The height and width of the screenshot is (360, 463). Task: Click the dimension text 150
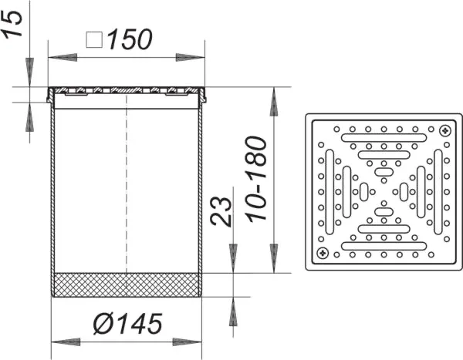pyautogui.click(x=130, y=39)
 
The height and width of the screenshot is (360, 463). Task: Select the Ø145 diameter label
pyautogui.click(x=127, y=324)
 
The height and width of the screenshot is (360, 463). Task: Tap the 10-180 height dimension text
pyautogui.click(x=256, y=179)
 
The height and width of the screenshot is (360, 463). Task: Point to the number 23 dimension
pyautogui.click(x=221, y=211)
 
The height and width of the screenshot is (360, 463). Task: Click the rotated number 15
pyautogui.click(x=12, y=25)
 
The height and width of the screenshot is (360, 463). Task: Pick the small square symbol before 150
pyautogui.click(x=94, y=40)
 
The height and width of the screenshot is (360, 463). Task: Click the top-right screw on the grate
pyautogui.click(x=445, y=130)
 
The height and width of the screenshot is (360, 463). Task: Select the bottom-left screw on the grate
pyautogui.click(x=323, y=253)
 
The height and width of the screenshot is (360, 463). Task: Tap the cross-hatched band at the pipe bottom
pyautogui.click(x=127, y=284)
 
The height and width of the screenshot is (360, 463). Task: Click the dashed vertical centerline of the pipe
pyautogui.click(x=127, y=183)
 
